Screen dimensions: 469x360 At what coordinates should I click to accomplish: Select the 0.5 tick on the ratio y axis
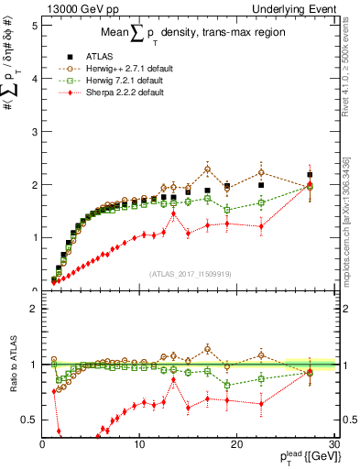[x=29, y=420]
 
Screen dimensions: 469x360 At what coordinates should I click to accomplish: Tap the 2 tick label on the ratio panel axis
[x=34, y=309]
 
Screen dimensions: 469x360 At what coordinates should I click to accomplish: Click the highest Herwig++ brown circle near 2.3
[x=208, y=169]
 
